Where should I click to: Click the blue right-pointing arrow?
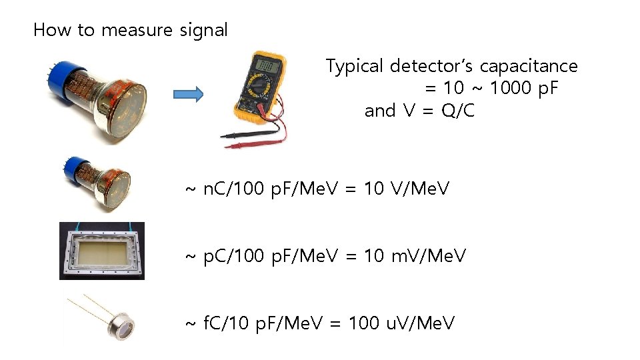[188, 95]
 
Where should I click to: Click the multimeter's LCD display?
[267, 66]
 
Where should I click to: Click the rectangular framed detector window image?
[102, 251]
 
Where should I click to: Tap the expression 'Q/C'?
[458, 111]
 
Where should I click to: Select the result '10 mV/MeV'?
[415, 255]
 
